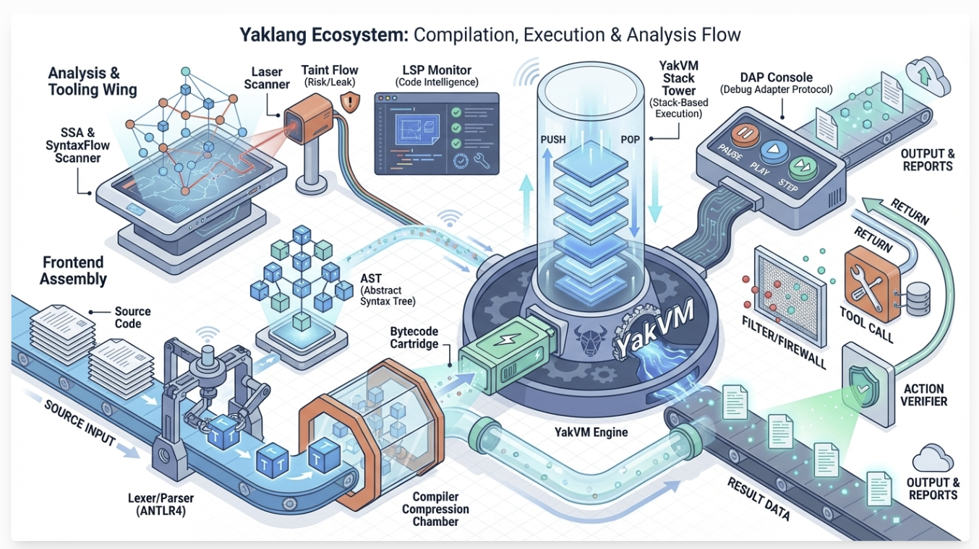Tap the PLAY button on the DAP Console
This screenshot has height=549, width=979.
[771, 150]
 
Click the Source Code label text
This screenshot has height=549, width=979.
[132, 317]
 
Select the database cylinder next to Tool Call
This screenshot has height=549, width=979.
[916, 298]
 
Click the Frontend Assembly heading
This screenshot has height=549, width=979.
[73, 271]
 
